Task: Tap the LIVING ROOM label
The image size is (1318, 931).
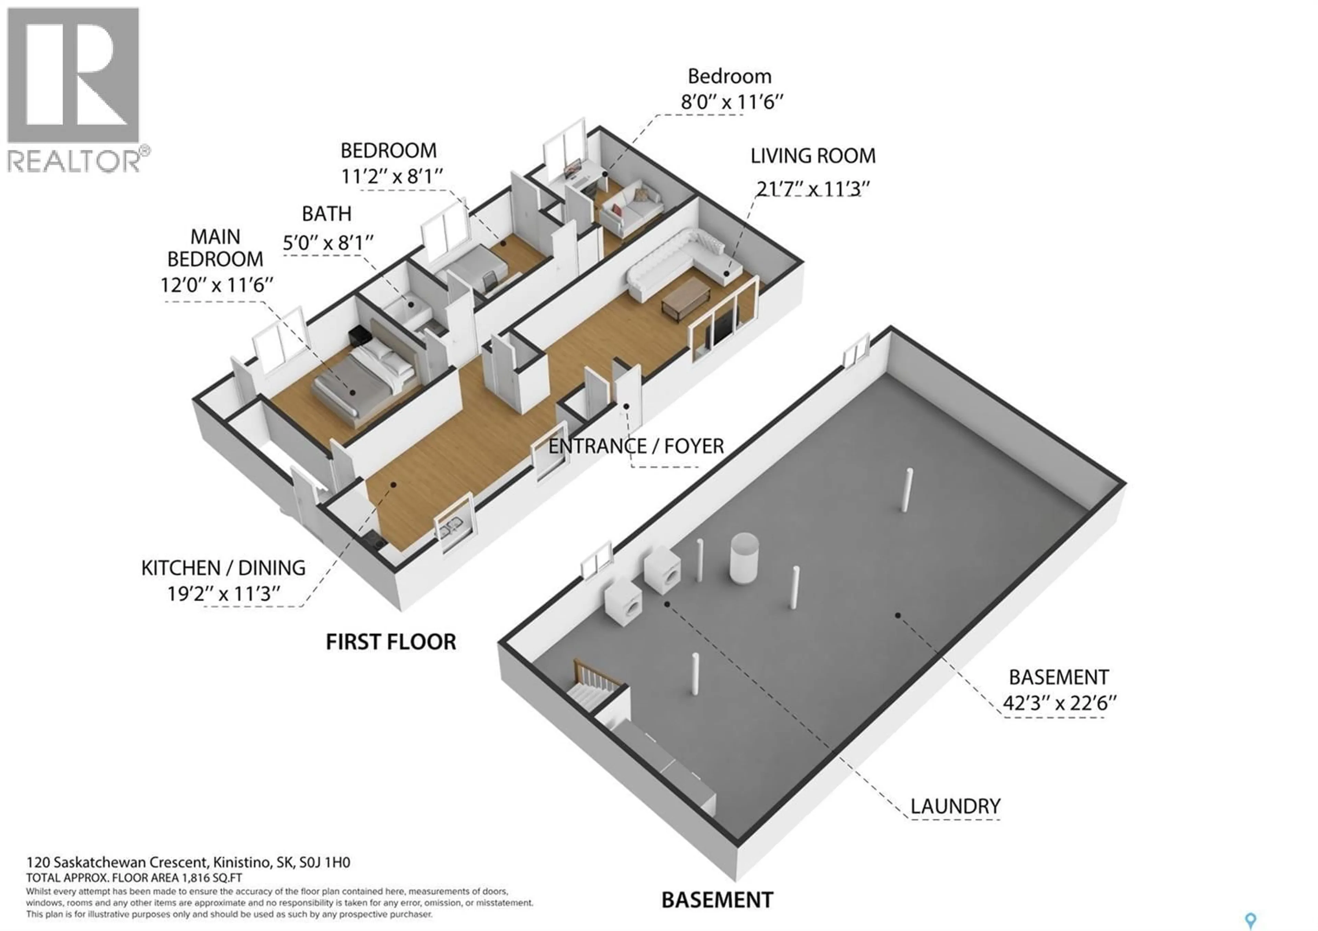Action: (x=813, y=156)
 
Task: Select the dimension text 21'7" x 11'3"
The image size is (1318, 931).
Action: (x=813, y=189)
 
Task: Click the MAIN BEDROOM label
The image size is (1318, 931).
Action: (x=215, y=248)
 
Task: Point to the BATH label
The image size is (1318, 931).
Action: (x=327, y=214)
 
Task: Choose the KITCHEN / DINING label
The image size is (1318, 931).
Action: (x=223, y=568)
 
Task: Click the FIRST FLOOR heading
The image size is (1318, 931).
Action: (x=391, y=642)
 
